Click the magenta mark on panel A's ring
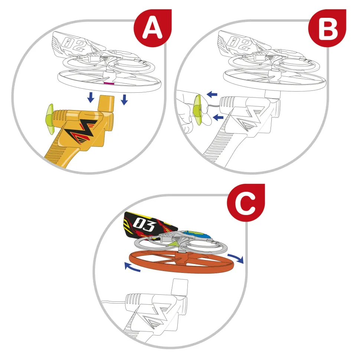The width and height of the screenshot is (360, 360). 109,84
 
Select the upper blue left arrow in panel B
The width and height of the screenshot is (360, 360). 212,95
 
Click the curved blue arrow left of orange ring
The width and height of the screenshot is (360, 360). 132,267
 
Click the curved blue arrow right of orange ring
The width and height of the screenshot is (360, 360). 236,258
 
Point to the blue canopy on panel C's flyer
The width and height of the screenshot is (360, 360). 202,235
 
